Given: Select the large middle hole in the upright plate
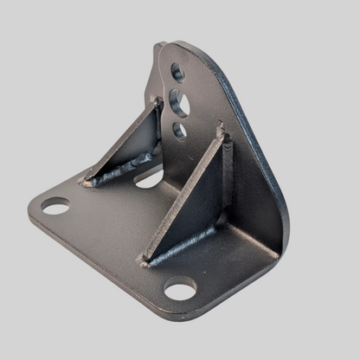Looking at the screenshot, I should coord(181,103).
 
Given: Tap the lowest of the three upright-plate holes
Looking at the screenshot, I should coord(180,130).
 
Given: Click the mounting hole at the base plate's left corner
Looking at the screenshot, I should coord(55,206).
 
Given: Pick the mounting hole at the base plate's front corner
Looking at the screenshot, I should coord(180,287).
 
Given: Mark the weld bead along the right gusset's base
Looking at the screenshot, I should coord(186,246).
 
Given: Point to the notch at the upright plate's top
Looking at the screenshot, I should coord(159,48).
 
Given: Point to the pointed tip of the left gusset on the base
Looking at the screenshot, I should coord(85,183).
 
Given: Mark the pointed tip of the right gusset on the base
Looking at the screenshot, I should coord(145,260).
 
